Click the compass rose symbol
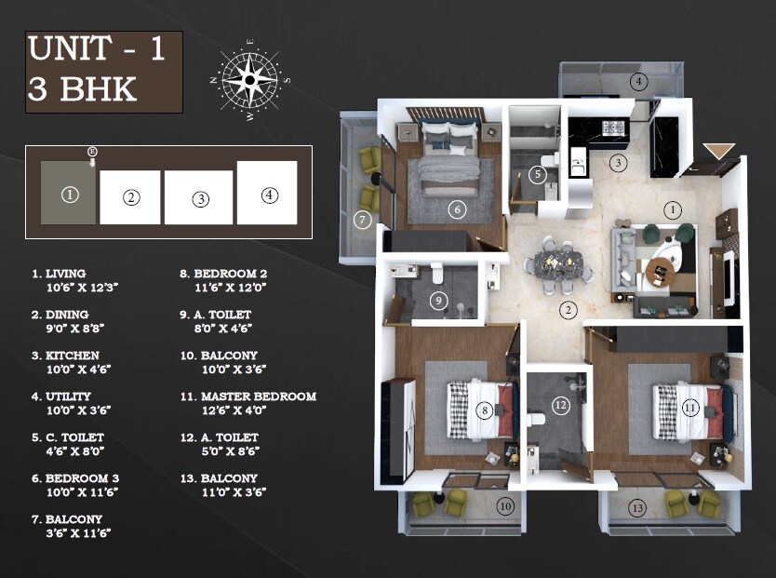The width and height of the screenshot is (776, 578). point(249,80)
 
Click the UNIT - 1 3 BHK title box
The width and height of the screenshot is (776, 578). point(103,72)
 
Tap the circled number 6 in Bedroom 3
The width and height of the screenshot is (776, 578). point(457,209)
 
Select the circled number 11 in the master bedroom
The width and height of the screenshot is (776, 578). point(689,408)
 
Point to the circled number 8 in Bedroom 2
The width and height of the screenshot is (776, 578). point(484,410)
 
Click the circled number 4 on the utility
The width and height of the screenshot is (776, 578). point(637,81)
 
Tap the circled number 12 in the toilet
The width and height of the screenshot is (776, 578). point(560,405)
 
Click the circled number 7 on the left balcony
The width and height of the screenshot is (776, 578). point(363,220)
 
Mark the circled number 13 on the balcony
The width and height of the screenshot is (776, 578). point(637,507)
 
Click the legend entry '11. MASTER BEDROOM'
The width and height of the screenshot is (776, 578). point(248,397)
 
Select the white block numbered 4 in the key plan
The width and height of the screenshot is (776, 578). point(268,193)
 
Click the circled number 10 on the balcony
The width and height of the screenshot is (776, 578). point(505,506)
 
